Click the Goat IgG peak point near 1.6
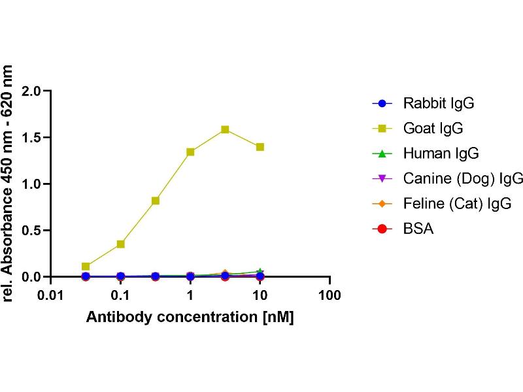(x=225, y=129)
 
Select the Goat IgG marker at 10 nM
(x=260, y=147)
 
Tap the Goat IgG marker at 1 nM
(x=190, y=152)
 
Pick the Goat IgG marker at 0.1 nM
(x=120, y=244)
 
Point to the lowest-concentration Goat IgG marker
(x=86, y=267)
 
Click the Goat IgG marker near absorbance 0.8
(x=156, y=201)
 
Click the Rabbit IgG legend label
(x=438, y=103)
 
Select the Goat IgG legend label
(x=433, y=128)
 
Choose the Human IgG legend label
(x=441, y=154)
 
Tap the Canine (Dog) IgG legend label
(x=463, y=178)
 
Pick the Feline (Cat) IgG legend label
(x=457, y=204)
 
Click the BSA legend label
(x=418, y=229)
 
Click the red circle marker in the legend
(x=383, y=229)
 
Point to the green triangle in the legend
(x=383, y=154)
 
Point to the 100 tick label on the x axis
(x=329, y=295)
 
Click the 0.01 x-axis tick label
(x=50, y=295)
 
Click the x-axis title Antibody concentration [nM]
(x=190, y=318)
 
